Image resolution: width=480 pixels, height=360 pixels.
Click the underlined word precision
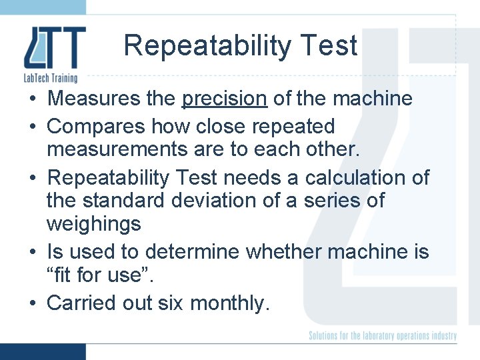click(225, 99)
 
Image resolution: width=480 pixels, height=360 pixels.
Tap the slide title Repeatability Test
click(240, 46)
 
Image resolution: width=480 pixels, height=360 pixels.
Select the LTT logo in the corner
click(55, 48)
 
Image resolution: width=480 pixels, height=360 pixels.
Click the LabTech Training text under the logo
click(51, 78)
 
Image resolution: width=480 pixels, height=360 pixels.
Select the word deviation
click(243, 200)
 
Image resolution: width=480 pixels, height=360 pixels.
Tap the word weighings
click(94, 224)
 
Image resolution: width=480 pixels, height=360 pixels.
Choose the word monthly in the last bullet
click(230, 303)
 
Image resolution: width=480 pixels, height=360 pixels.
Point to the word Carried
click(81, 303)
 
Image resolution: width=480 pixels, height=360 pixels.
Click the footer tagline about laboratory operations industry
click(383, 335)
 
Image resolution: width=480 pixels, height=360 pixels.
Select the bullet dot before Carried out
click(32, 303)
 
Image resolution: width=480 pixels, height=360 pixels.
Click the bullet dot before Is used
click(32, 253)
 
